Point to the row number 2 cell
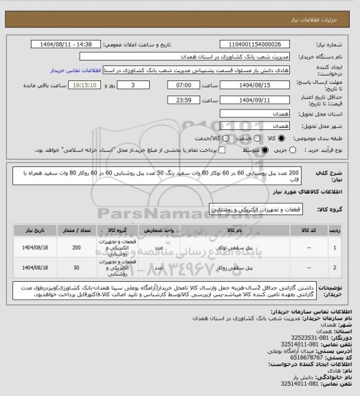coord(334,267)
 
